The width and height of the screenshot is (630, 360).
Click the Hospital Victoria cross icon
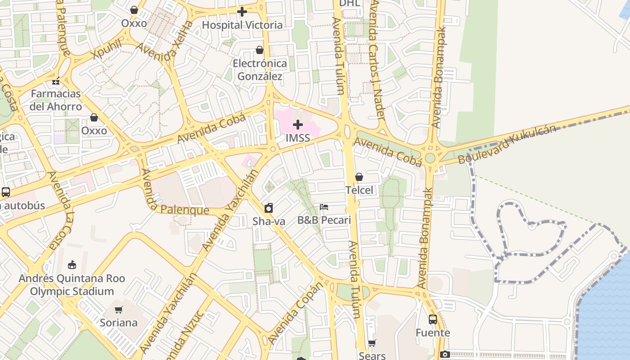242,12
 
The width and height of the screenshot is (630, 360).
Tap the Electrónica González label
260,70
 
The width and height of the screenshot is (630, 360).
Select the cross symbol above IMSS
297,125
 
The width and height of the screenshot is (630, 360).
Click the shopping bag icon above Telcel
359,177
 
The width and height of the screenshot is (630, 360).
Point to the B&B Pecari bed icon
324,207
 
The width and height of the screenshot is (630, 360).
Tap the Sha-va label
269,221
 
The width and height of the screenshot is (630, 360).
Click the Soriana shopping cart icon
118,310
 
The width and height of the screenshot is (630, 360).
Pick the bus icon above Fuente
432,319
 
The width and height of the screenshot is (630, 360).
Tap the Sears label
372,355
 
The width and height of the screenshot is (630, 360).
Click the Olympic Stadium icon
72,265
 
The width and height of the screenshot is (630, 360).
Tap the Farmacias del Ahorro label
56,100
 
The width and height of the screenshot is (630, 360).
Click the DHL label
349,4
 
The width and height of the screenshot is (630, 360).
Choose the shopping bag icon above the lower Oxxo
94,118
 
